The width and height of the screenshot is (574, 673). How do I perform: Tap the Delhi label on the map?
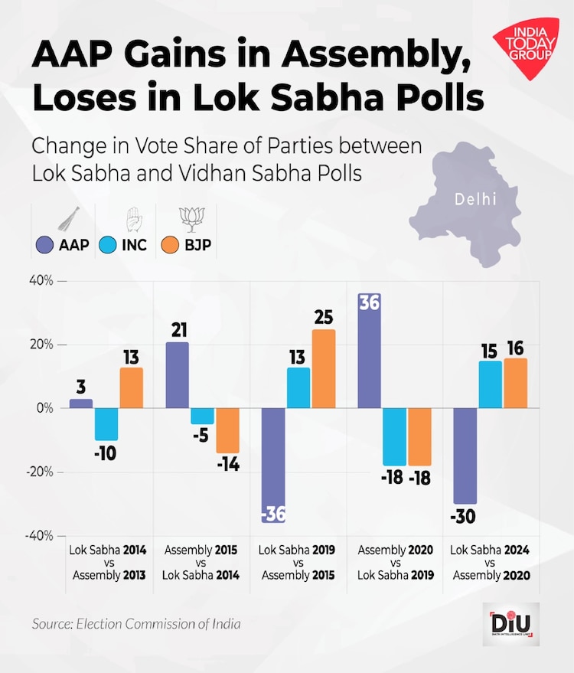(x=475, y=200)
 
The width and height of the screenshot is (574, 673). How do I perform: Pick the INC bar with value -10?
(x=106, y=424)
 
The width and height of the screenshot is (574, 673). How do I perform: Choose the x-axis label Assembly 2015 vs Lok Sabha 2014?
(x=201, y=563)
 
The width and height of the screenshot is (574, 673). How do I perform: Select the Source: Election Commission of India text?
(x=136, y=624)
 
